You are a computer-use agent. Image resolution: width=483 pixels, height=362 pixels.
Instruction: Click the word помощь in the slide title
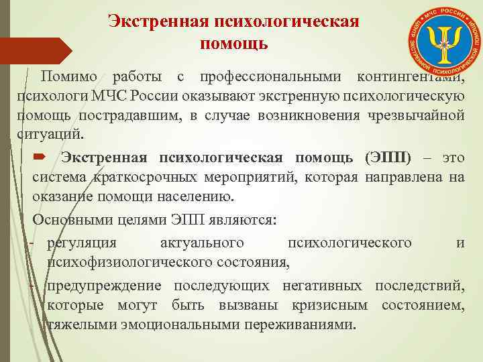pos(234,44)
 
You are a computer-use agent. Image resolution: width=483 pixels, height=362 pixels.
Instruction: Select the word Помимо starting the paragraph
pos(68,74)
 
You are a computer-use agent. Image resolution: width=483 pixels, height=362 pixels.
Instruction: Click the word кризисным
pos(330,306)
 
